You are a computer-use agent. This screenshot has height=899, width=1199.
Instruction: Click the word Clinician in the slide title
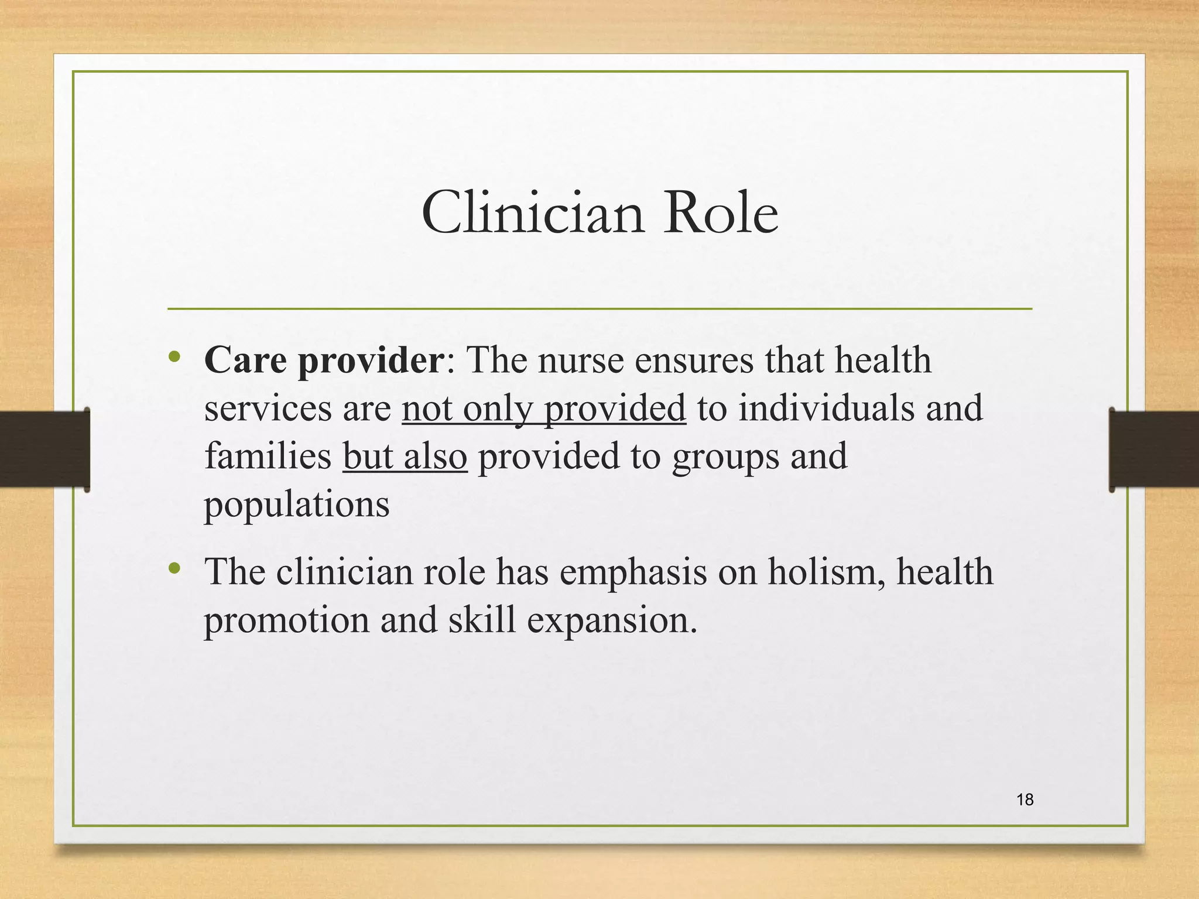533,213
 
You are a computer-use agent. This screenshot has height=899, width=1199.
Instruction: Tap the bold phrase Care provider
324,360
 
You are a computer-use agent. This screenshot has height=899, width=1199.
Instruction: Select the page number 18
1025,800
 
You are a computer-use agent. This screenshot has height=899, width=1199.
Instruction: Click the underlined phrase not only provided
543,409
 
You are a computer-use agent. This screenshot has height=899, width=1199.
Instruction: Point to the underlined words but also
405,457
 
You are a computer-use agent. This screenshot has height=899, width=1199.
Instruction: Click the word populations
296,505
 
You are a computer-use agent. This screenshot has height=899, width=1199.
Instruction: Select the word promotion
286,620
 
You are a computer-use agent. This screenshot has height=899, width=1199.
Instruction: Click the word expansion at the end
612,620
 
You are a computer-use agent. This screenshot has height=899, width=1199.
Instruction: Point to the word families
268,457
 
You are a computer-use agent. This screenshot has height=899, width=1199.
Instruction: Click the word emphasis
633,572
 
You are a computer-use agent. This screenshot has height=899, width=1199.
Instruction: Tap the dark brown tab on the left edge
44,449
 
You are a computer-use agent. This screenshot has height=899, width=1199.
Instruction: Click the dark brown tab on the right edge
1154,449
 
